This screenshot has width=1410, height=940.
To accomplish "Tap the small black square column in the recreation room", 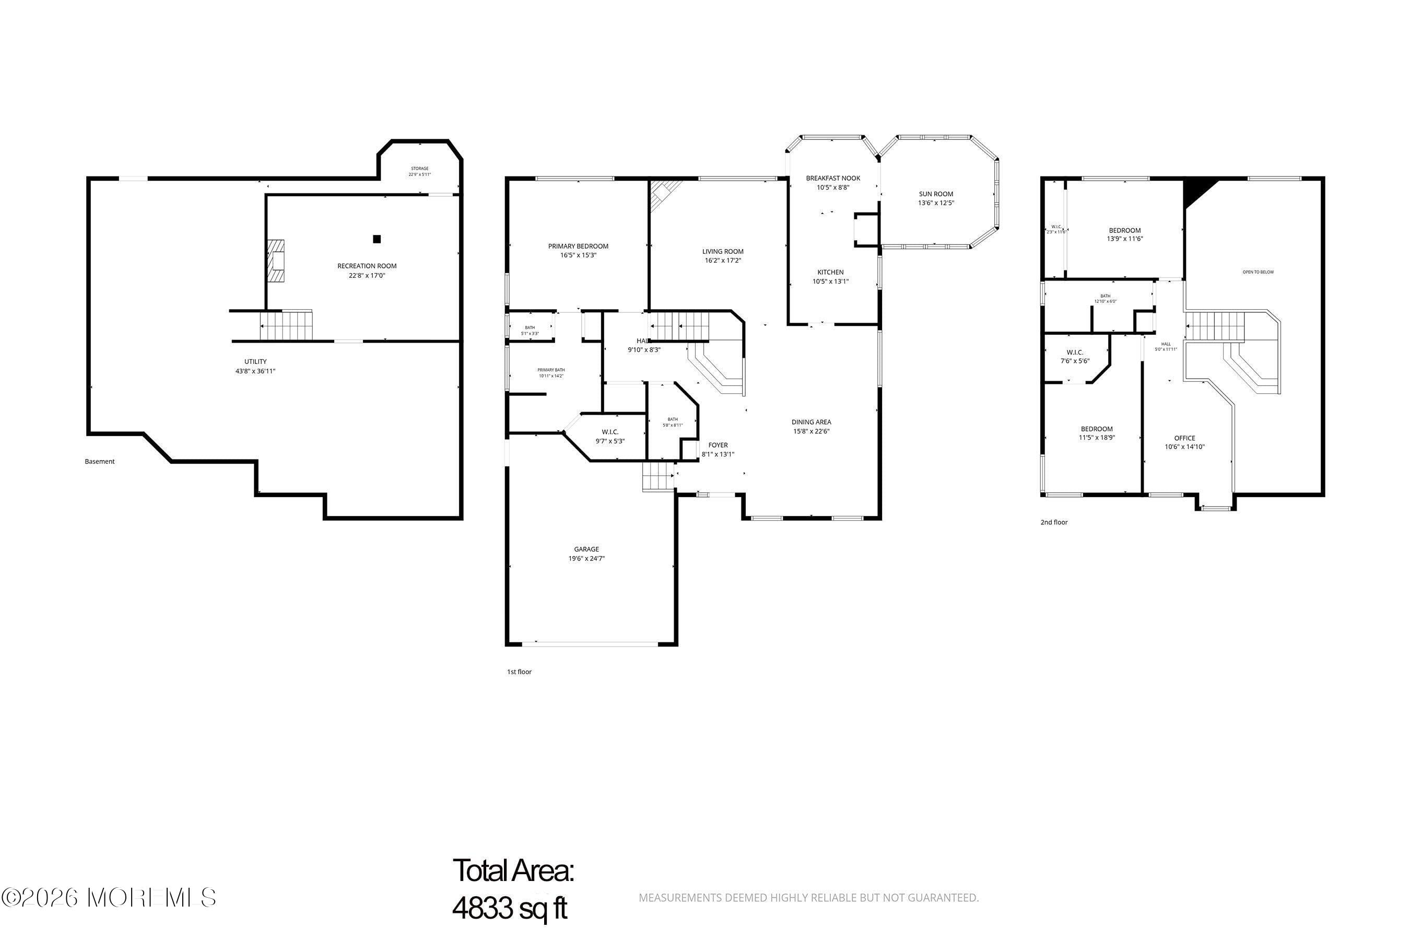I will pyautogui.click(x=377, y=239).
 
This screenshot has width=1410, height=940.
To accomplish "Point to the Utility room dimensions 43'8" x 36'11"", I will pyautogui.click(x=255, y=371).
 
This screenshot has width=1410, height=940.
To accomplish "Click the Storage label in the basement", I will pyautogui.click(x=420, y=169).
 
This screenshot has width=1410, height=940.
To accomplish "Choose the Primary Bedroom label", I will pyautogui.click(x=578, y=246).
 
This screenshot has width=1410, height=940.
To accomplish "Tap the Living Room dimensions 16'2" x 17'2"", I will pyautogui.click(x=723, y=261).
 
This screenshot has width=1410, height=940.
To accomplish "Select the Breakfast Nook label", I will pyautogui.click(x=833, y=178).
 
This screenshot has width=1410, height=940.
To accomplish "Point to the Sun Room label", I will pyautogui.click(x=936, y=194).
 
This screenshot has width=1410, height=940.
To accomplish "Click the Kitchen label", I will pyautogui.click(x=830, y=272).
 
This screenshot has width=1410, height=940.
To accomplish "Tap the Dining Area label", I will pyautogui.click(x=811, y=422).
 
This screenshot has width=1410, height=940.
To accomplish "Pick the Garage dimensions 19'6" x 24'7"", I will pyautogui.click(x=586, y=559).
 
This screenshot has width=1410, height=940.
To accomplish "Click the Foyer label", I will pyautogui.click(x=718, y=445).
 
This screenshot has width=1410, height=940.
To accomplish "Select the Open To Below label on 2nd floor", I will pyautogui.click(x=1258, y=272).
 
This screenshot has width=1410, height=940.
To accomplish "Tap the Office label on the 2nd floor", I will pyautogui.click(x=1184, y=438).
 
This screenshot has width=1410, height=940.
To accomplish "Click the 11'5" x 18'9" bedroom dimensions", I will pyautogui.click(x=1097, y=438).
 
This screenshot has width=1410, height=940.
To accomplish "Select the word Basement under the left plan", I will pyautogui.click(x=100, y=462).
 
